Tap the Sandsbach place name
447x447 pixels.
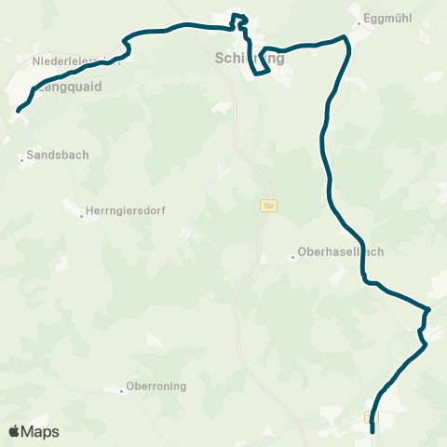coord(58,156)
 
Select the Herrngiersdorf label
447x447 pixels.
coord(125,211)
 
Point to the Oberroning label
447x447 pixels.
coord(156,386)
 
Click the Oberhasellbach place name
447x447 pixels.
coord(340,251)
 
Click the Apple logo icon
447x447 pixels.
coord(14,431)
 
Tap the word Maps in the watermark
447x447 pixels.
coord(40,431)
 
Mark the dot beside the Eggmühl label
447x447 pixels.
coord(358,20)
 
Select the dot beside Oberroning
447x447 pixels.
coord(121,391)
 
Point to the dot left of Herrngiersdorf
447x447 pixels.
coord(81,216)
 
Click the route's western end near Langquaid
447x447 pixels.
coord(18,111)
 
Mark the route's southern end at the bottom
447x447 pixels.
coord(372,431)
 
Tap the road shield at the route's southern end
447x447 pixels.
coord(372,417)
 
